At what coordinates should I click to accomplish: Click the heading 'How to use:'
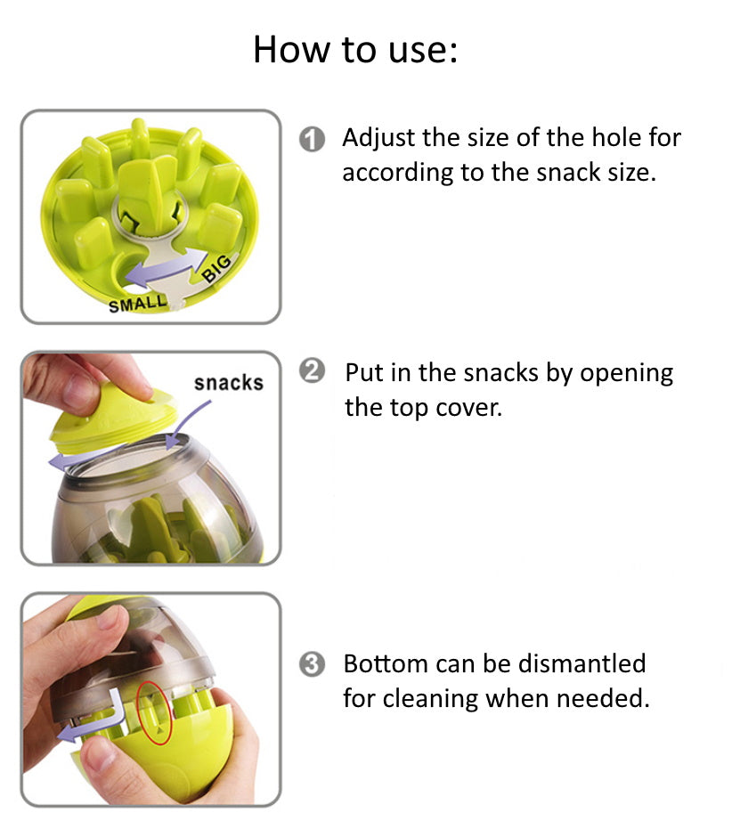coord(354,49)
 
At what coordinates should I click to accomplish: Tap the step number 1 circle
coord(312,141)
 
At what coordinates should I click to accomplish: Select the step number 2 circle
coord(312,372)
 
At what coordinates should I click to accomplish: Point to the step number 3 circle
coord(312,665)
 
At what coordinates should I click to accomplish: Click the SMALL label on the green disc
coord(137,304)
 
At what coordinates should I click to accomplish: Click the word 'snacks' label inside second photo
coord(229,383)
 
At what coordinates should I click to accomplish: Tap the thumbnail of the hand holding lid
coord(150,459)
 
